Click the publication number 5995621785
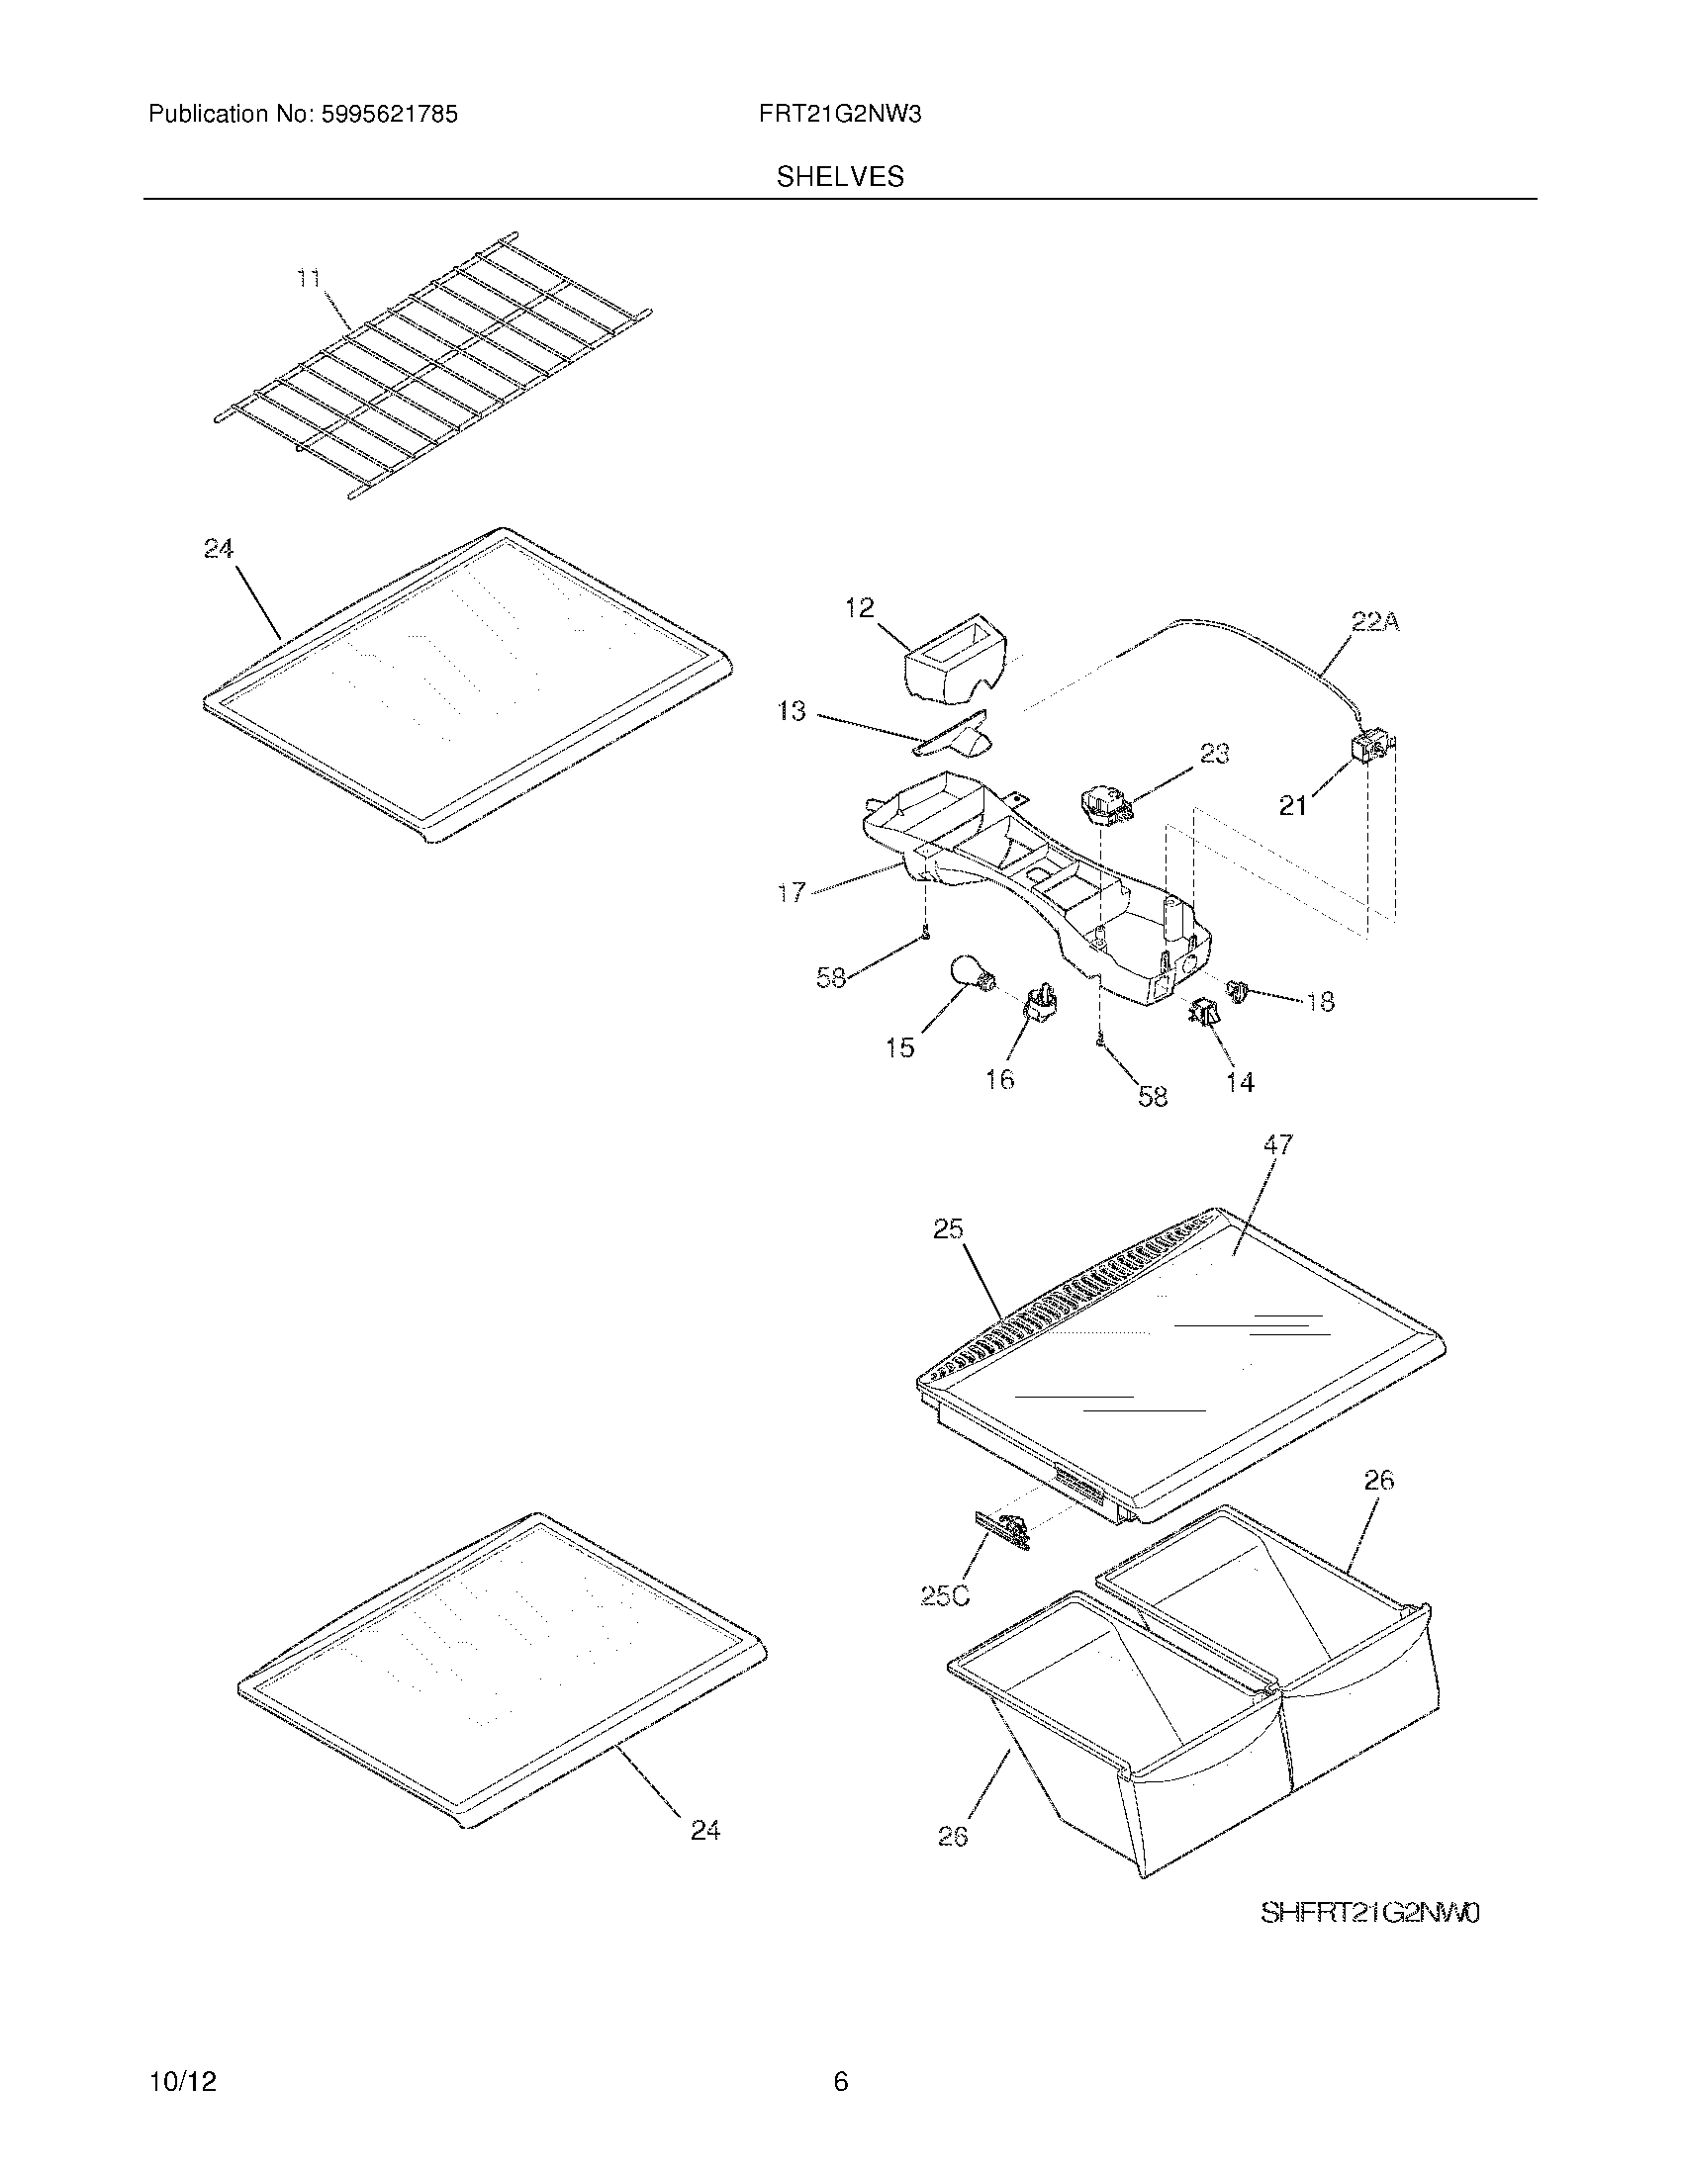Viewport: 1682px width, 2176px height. pyautogui.click(x=389, y=115)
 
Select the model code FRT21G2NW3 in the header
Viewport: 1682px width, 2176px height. pyautogui.click(x=839, y=115)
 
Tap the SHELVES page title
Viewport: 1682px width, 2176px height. pyautogui.click(x=840, y=177)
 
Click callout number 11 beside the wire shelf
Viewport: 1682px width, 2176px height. pyautogui.click(x=310, y=278)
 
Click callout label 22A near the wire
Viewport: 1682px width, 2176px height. pyautogui.click(x=1375, y=623)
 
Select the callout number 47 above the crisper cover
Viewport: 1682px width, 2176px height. pyautogui.click(x=1277, y=1145)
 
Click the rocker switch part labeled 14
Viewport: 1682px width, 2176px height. pyautogui.click(x=1205, y=1014)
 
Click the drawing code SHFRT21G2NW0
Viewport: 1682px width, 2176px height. pyautogui.click(x=1370, y=1913)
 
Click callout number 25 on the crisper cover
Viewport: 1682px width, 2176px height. pyautogui.click(x=948, y=1229)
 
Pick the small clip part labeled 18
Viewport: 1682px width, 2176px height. pyautogui.click(x=1238, y=990)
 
